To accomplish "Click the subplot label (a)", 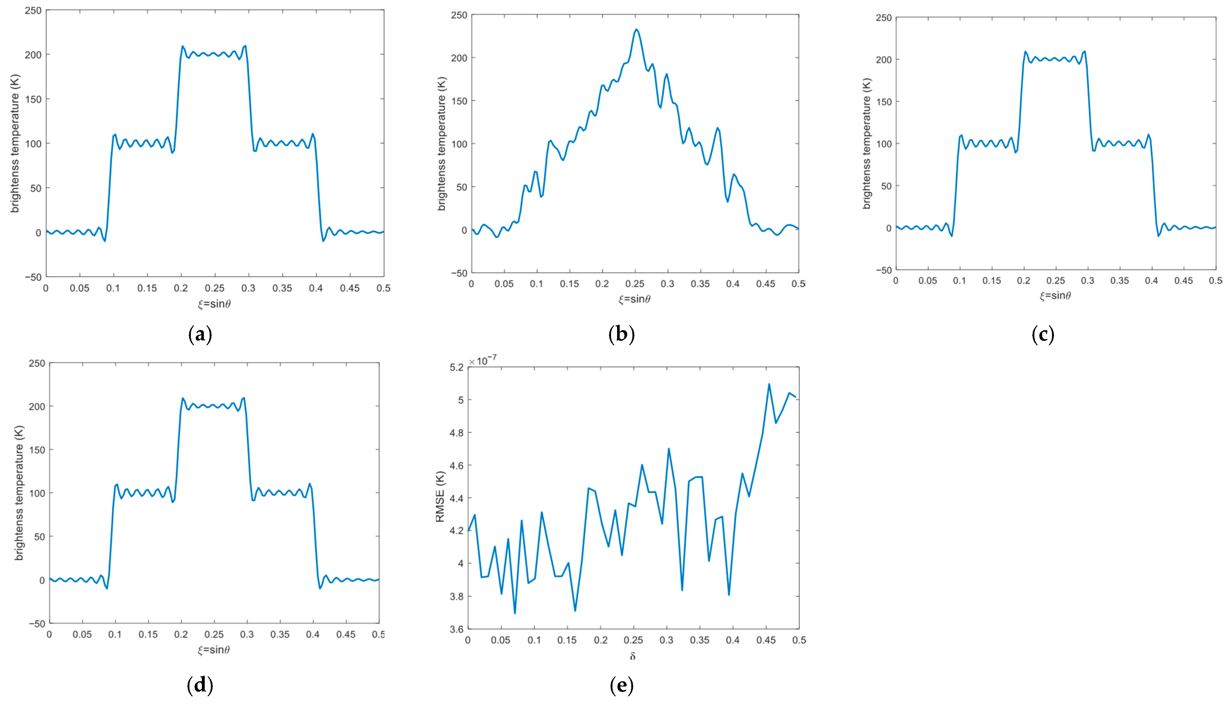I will point(200,335).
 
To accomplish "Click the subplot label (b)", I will point(621,335).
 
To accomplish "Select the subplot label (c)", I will point(1043,335).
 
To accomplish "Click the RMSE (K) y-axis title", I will point(440,497).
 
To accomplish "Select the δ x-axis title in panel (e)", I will point(633,656).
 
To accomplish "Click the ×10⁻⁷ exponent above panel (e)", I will point(483,360).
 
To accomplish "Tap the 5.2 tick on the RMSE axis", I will point(456,368).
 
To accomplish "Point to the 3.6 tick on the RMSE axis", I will point(456,629).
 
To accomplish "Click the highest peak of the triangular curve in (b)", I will point(636,29).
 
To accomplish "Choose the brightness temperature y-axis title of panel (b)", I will point(441,144).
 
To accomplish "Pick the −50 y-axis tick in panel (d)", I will point(37,624).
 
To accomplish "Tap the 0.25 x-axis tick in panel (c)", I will point(1056,281).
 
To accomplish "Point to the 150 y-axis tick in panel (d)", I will point(37,450).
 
